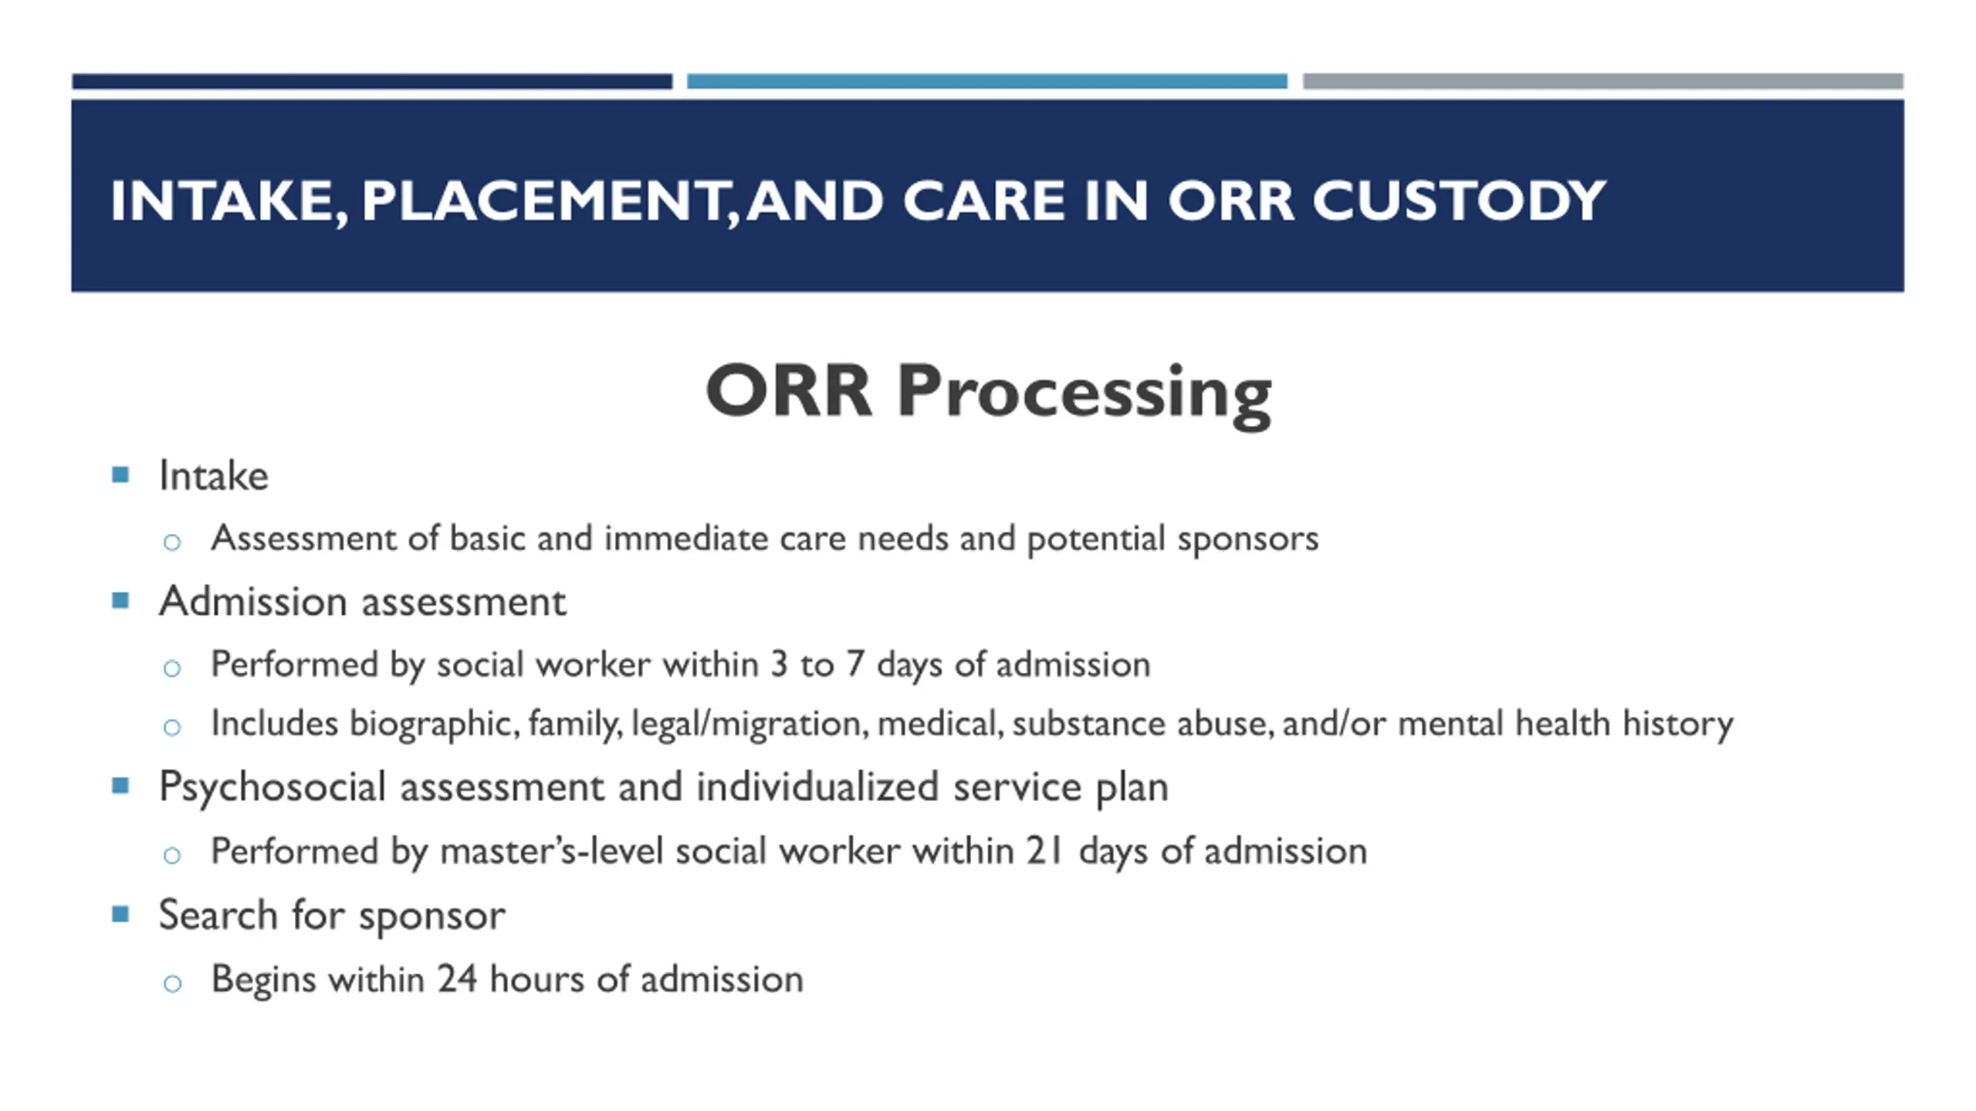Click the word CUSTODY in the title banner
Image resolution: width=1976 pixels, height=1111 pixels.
[x=1459, y=201]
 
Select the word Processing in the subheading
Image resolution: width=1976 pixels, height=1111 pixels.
[x=1084, y=393]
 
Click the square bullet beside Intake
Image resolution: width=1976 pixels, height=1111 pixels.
[x=120, y=474]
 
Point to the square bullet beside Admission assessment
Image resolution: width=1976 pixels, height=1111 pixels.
[x=120, y=600]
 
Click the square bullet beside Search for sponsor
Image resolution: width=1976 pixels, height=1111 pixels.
[x=120, y=914]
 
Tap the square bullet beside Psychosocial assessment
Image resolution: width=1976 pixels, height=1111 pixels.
[x=120, y=786]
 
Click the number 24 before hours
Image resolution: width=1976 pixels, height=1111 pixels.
[x=457, y=979]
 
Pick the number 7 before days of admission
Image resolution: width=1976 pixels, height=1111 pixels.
[x=854, y=664]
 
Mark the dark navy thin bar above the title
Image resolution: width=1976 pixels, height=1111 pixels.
[x=372, y=81]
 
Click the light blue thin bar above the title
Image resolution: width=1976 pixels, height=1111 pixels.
[x=987, y=81]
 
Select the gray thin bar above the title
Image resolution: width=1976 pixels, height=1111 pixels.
[x=1603, y=81]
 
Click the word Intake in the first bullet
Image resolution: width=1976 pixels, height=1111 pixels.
[x=214, y=475]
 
